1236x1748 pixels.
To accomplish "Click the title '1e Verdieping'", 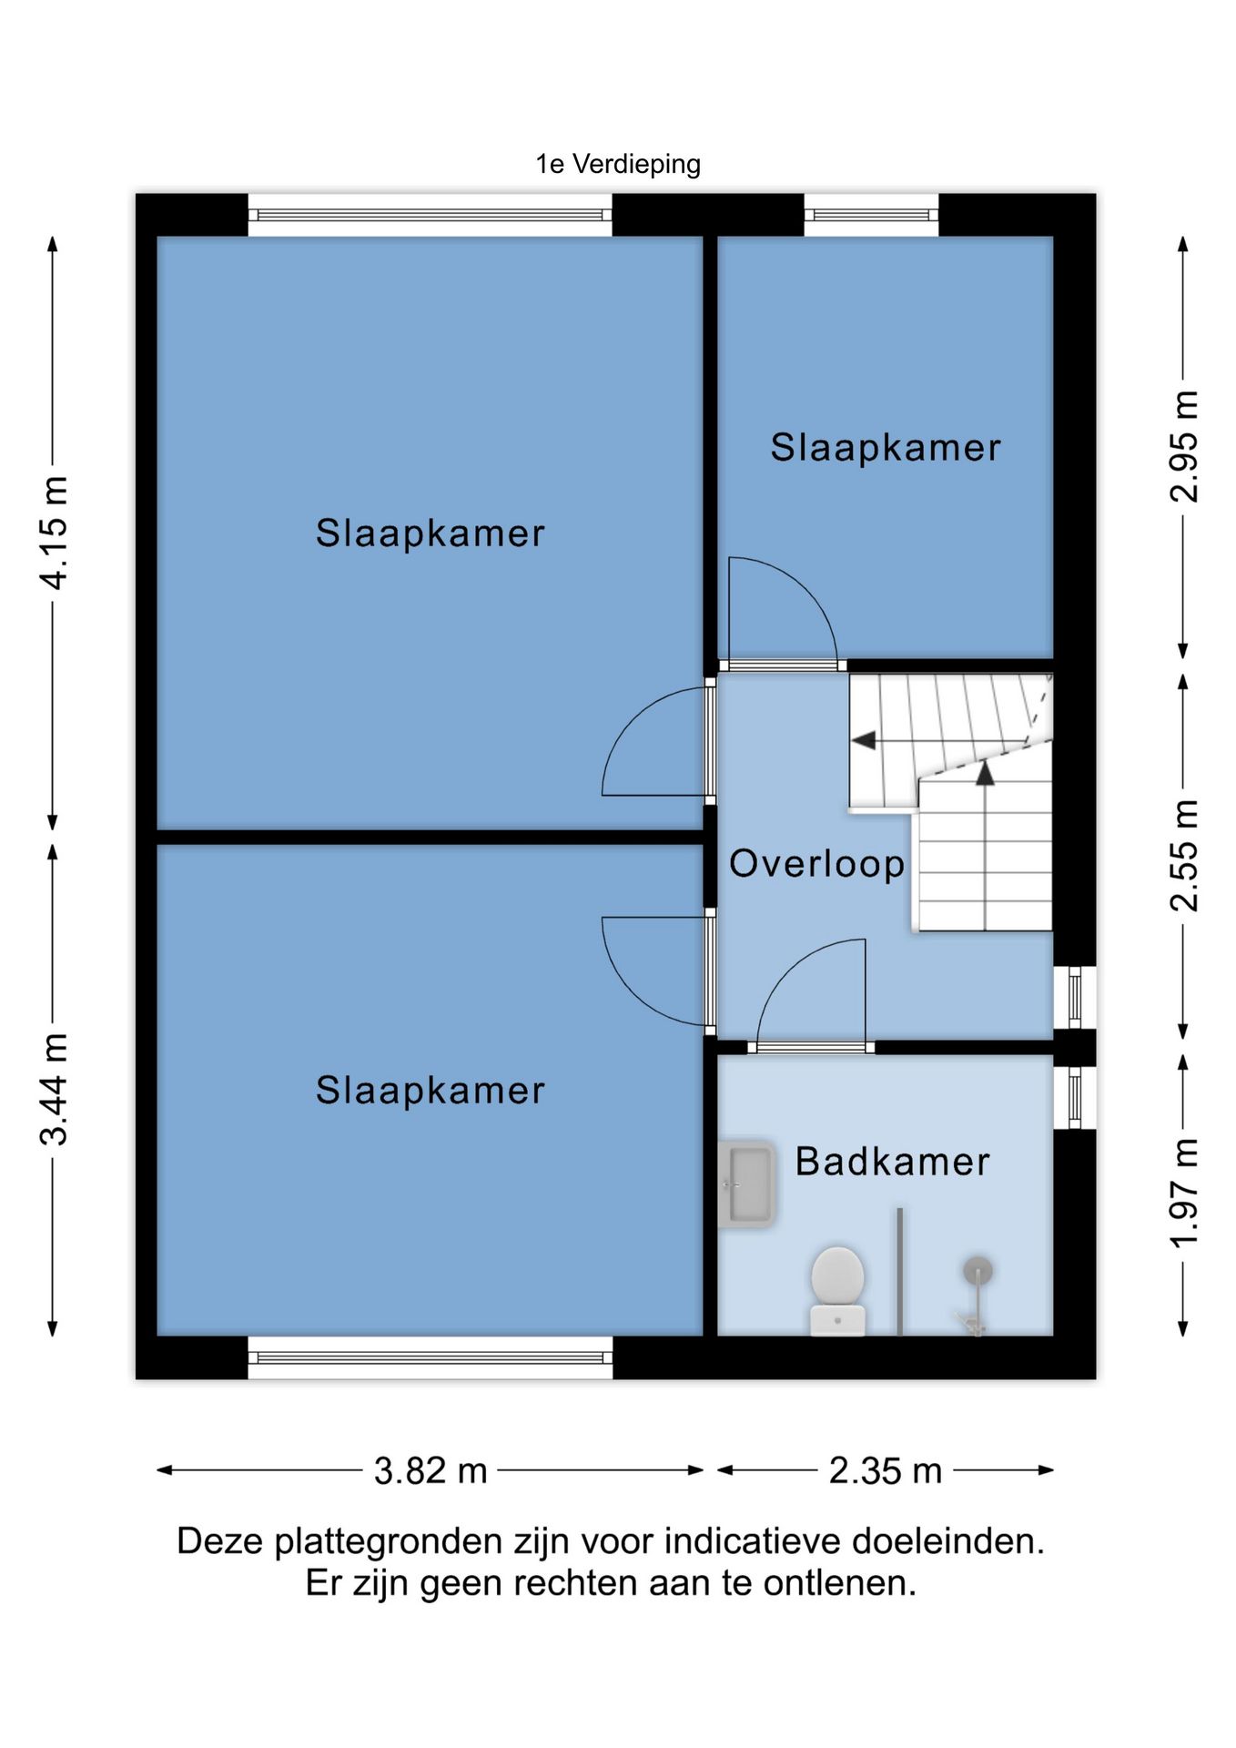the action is click(618, 164).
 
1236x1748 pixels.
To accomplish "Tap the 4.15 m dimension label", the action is click(54, 533).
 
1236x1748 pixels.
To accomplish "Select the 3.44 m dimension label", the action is click(54, 1089).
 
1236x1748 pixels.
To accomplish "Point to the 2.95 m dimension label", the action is click(1183, 446).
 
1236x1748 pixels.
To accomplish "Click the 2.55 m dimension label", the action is click(1183, 855).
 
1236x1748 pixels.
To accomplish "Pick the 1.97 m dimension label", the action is click(1183, 1194).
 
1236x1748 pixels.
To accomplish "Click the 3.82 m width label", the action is click(431, 1470).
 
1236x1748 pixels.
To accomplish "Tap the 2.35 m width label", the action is click(885, 1470).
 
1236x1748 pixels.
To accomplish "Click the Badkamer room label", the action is click(892, 1162).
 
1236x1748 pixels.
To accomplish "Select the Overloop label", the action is click(816, 864).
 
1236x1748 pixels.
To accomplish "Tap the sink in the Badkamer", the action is click(746, 1184).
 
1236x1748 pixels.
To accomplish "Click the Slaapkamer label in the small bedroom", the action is click(885, 447).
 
